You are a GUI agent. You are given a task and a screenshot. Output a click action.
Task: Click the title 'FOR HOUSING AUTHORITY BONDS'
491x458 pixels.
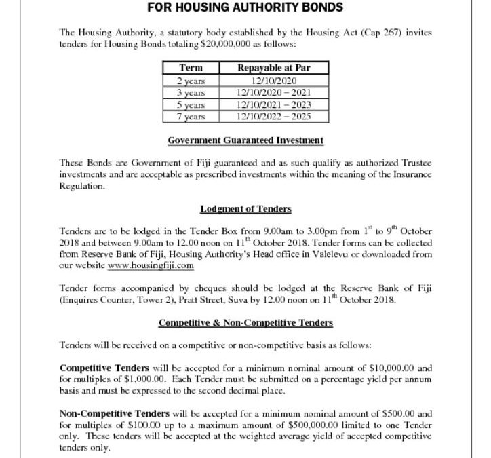tap(245, 9)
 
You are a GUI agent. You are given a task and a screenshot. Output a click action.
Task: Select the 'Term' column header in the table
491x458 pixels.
tap(191, 68)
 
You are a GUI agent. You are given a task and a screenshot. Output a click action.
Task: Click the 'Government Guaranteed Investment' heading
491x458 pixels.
tap(245, 140)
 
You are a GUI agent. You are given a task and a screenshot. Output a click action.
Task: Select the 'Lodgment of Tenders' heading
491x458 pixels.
tap(245, 209)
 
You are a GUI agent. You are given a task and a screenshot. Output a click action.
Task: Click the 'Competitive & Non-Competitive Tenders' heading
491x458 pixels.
tap(245, 322)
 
